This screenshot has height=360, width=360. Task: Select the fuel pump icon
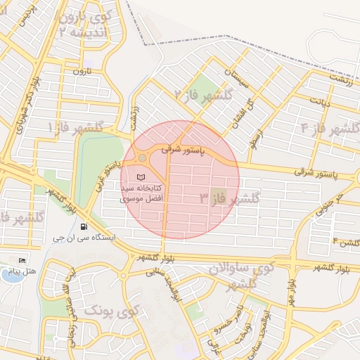point(84,226)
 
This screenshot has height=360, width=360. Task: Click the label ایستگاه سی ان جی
point(84,238)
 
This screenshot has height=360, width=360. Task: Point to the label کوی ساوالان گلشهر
point(240,276)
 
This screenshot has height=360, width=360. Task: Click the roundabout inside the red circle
point(143,157)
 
